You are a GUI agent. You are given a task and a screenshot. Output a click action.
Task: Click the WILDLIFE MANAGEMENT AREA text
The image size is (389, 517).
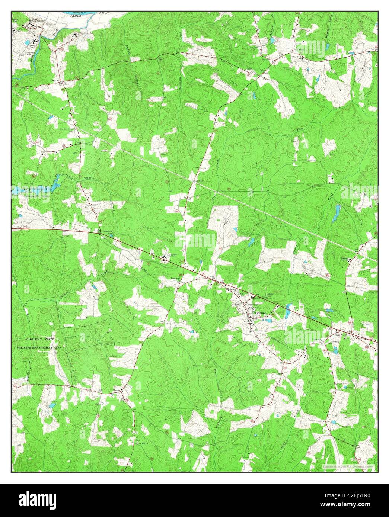tap(39, 347)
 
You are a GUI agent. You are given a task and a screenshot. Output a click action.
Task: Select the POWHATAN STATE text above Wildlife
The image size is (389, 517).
tap(40, 340)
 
